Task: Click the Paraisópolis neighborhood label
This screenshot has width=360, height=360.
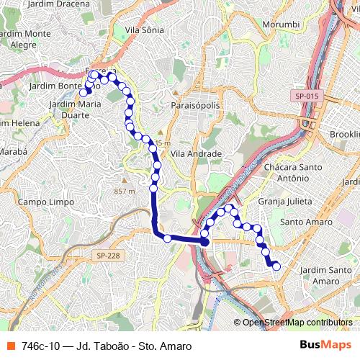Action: click(195, 105)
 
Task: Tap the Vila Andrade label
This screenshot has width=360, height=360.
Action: click(196, 153)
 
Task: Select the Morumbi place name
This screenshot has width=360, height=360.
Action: click(280, 24)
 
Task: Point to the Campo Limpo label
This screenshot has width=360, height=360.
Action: click(46, 202)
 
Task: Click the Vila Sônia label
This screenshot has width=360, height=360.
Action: click(144, 30)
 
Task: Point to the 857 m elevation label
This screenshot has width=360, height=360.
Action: click(125, 191)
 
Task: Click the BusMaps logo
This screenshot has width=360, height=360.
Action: click(320, 346)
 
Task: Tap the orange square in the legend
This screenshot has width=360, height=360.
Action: click(10, 346)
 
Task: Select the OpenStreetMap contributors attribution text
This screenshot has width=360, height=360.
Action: click(297, 322)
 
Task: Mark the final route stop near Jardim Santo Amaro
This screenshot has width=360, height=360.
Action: click(276, 266)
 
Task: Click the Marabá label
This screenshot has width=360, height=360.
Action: click(13, 153)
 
